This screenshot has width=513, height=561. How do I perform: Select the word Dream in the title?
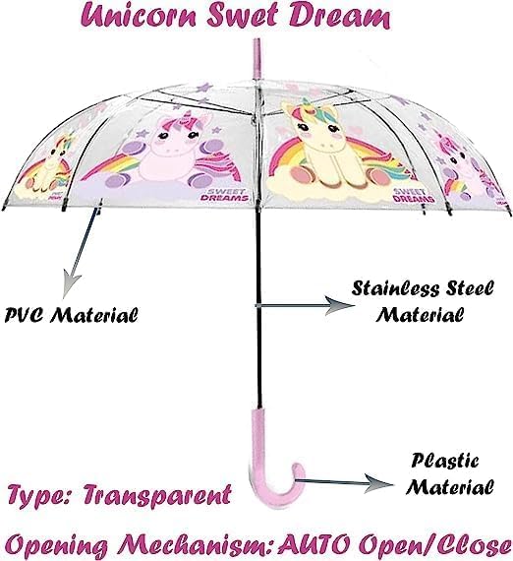tap(339, 16)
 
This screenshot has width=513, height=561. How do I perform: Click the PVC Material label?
tap(71, 315)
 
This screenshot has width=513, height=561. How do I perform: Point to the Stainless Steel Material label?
tap(423, 301)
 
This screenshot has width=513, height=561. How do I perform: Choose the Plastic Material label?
tap(450, 473)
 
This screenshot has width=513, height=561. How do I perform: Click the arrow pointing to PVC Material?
tap(82, 249)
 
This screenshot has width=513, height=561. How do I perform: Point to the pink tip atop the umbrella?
tap(257, 57)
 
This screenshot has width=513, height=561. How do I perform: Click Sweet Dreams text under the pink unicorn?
tap(224, 195)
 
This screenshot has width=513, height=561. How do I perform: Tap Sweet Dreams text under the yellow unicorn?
tap(414, 195)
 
